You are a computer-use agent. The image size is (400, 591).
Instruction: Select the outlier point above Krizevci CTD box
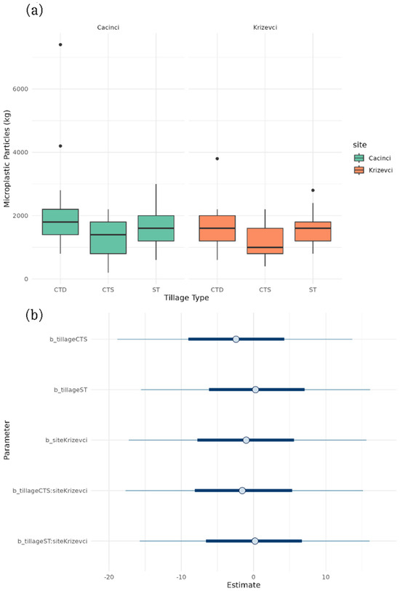coord(217,158)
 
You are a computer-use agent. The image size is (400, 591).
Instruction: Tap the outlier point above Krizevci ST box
coord(313,190)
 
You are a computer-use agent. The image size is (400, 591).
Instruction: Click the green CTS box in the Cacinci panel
coord(108,238)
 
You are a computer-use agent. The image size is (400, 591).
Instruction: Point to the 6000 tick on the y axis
coord(36,89)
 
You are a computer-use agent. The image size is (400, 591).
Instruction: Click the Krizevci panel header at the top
coord(265,28)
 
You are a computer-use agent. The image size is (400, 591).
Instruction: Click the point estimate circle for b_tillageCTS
coord(236,339)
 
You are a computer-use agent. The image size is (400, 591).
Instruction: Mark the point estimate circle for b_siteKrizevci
coord(247,440)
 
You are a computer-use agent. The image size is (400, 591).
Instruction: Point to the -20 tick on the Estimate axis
coord(109,577)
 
